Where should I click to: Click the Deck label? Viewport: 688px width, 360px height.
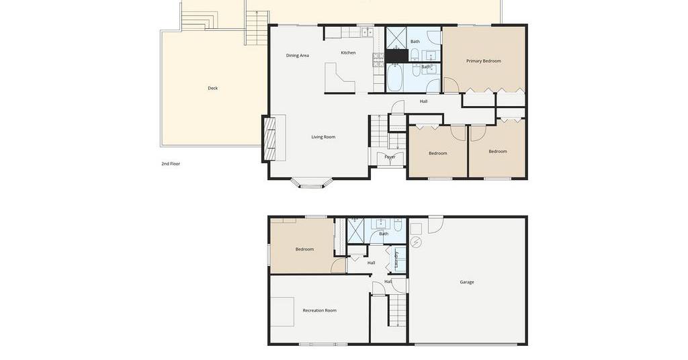coord(213,88)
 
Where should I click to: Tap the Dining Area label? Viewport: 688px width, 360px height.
coord(298,56)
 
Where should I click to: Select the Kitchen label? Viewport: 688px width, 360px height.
coord(349,52)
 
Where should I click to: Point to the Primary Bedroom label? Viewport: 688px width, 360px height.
coord(484,61)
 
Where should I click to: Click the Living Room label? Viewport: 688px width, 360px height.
coord(323,137)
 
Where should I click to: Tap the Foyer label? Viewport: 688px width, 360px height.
coord(390,156)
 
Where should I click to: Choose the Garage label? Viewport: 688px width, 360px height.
coord(467,282)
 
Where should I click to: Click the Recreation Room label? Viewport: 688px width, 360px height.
coord(319,310)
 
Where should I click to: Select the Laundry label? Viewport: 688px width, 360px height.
coord(396,259)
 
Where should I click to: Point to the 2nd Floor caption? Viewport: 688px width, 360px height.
coord(171,164)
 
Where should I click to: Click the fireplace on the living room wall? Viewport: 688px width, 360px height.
coord(269,138)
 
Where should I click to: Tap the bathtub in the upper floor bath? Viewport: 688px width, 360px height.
coord(396,77)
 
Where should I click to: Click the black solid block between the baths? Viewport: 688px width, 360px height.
coord(396,56)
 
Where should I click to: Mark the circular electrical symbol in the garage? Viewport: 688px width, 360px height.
coord(416,242)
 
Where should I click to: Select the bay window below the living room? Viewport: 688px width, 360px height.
coord(312,183)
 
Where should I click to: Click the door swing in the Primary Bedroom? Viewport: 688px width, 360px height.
coord(451,85)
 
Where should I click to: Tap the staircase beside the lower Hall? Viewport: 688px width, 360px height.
coord(396,310)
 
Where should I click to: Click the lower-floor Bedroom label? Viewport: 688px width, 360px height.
coord(304,249)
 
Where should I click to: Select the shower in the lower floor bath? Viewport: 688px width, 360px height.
coord(356,230)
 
